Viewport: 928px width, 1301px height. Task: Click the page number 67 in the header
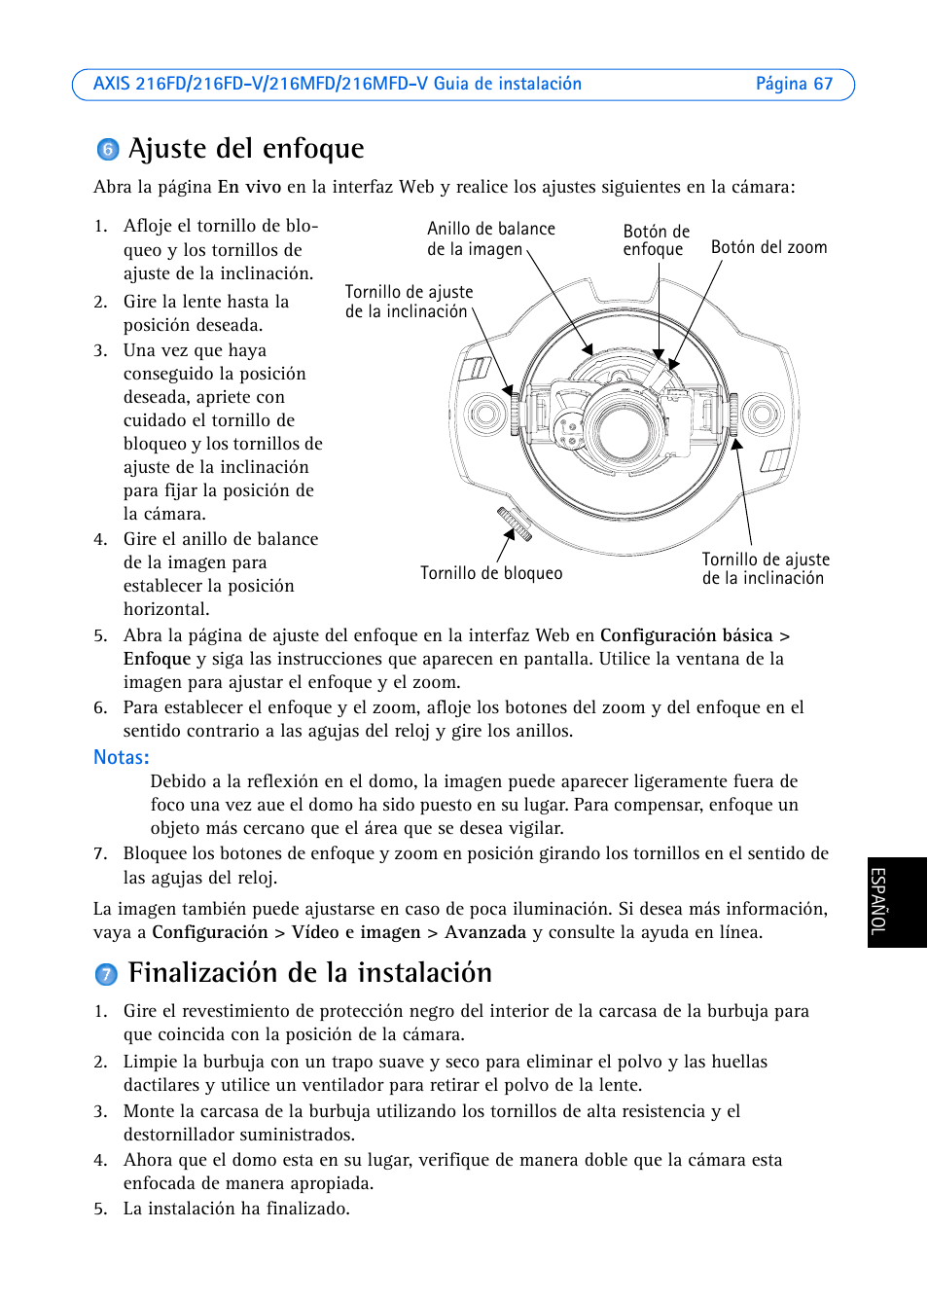tap(823, 85)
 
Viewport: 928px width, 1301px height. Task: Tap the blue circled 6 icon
tap(108, 149)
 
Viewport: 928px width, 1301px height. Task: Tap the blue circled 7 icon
tap(106, 974)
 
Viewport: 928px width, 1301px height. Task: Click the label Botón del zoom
tap(768, 247)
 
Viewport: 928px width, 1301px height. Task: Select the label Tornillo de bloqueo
tap(491, 573)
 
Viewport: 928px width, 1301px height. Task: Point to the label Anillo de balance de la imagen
tap(490, 238)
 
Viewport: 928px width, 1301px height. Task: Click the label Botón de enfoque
tap(656, 240)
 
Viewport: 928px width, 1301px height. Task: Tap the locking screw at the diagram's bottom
tap(514, 524)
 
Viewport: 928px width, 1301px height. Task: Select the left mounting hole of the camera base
tap(484, 415)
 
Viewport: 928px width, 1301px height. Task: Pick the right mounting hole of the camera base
tap(763, 415)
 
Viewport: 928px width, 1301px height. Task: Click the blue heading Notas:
tap(122, 757)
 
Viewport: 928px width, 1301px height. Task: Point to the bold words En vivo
tap(249, 187)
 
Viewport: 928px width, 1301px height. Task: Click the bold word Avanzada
tap(485, 932)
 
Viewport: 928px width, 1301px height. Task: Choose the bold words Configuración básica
tap(686, 635)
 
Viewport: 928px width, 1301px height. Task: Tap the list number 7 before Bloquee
tap(100, 853)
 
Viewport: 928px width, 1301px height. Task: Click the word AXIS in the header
tap(112, 85)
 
